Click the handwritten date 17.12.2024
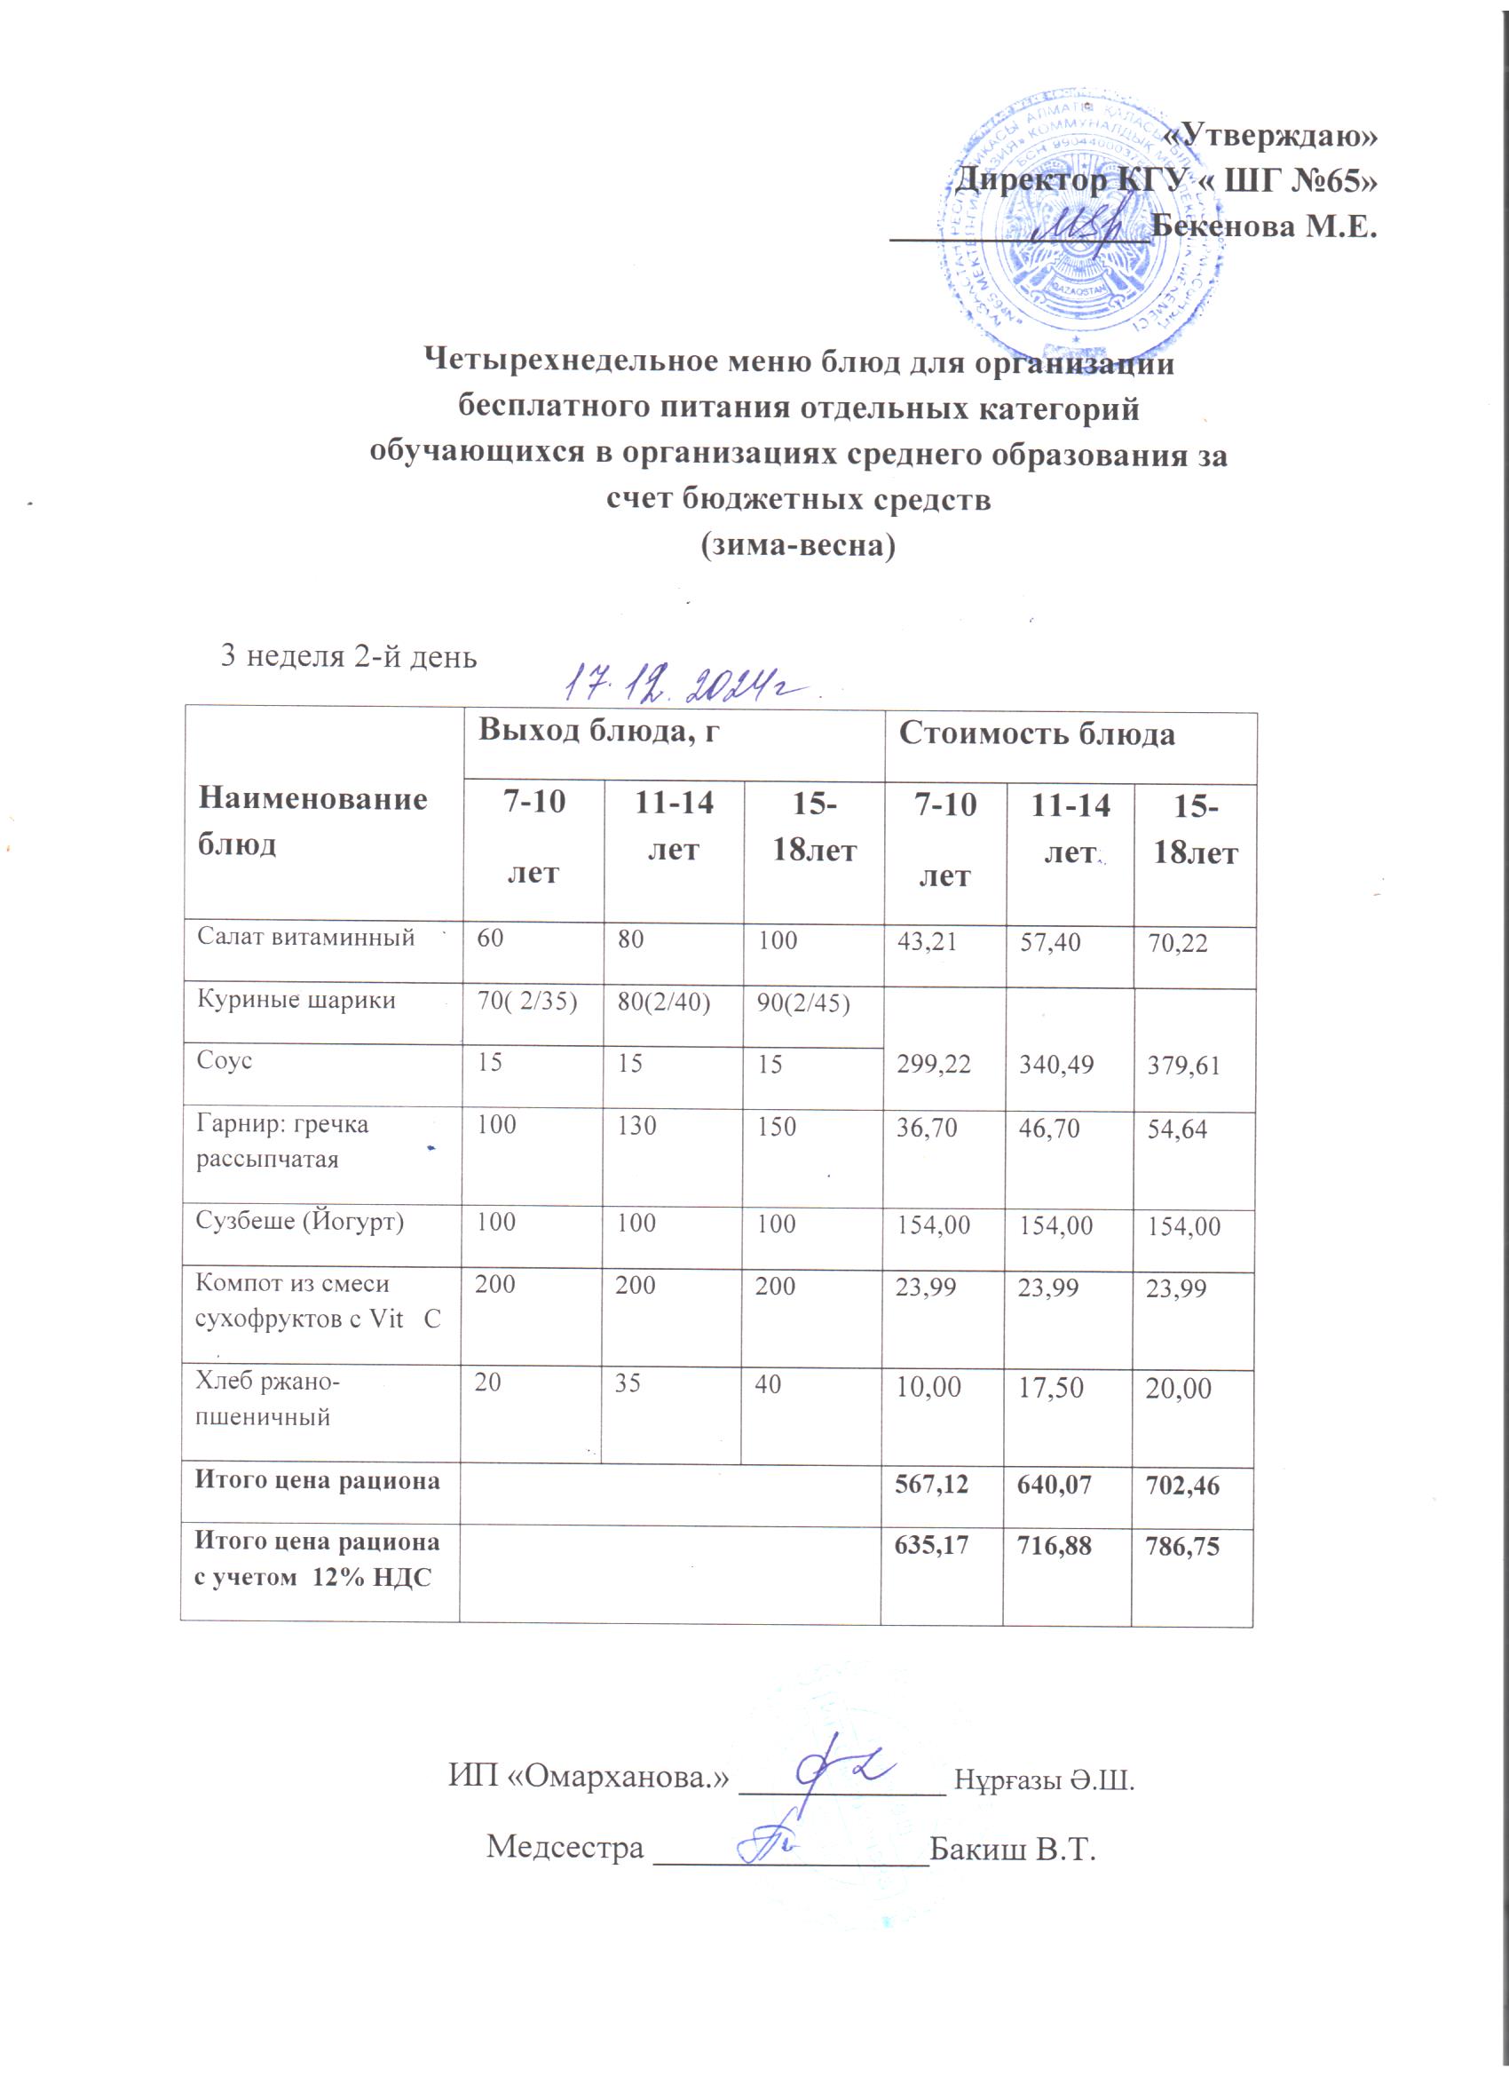(689, 685)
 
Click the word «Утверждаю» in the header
(1269, 136)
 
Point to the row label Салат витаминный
(305, 938)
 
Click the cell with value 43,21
(926, 941)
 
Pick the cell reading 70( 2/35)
(526, 1001)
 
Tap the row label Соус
(225, 1061)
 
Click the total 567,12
(931, 1484)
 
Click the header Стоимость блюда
(1037, 734)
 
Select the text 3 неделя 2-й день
(349, 656)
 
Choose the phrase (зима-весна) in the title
(797, 545)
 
